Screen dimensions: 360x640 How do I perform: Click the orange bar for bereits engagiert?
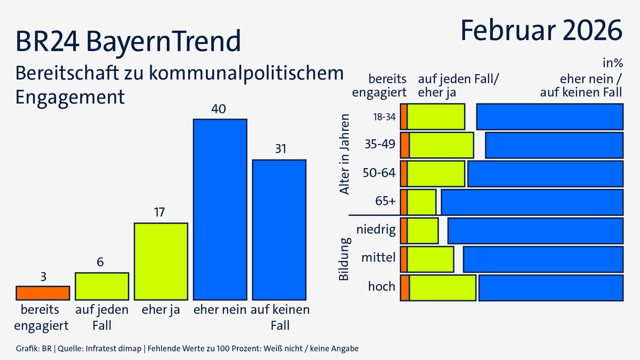point(43,293)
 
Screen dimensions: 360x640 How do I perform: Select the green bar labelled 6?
point(102,286)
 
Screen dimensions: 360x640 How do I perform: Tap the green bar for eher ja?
point(161,261)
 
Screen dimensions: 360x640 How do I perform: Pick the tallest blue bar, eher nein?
point(220,209)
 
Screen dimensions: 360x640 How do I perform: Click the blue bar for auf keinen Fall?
point(279,229)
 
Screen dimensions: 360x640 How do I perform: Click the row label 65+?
point(386,202)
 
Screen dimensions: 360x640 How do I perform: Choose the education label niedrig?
point(377,230)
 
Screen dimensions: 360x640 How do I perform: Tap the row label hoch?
point(382,287)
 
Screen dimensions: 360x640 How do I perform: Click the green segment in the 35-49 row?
point(441,145)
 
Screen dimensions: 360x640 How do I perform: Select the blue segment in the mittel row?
point(543,259)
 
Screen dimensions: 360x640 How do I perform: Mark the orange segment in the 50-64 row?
point(404,174)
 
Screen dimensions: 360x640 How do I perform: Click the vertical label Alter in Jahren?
point(345,155)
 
